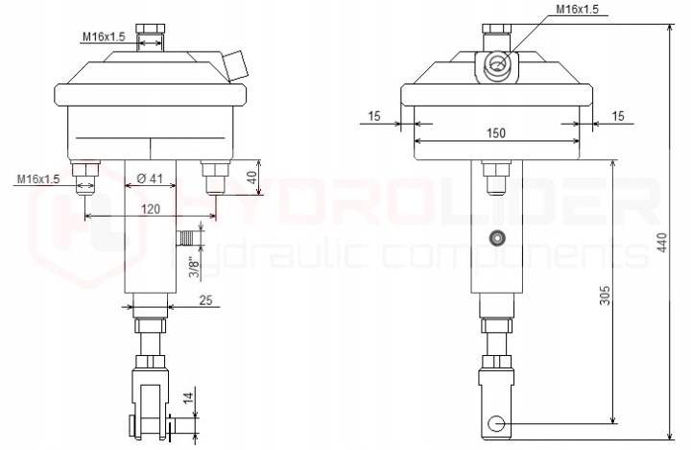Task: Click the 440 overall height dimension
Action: point(662,242)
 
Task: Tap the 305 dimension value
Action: point(605,295)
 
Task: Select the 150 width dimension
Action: point(496,132)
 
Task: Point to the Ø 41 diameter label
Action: point(150,178)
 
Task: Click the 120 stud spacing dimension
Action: point(151,208)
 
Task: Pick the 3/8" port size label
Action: point(194,268)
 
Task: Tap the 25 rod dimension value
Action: point(205,299)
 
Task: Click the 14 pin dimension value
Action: point(188,398)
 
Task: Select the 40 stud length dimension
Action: point(251,178)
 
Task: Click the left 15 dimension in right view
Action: point(373,116)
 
